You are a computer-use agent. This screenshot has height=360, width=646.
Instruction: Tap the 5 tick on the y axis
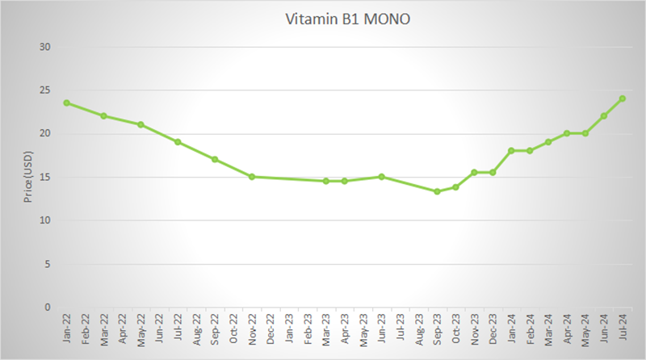pos(48,264)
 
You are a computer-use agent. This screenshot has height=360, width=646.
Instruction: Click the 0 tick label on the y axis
pos(48,308)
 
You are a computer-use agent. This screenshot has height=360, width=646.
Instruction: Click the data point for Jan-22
pos(67,103)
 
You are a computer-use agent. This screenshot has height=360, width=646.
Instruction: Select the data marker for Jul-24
pos(623,98)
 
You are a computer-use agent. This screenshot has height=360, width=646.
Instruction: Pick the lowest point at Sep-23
pos(437,191)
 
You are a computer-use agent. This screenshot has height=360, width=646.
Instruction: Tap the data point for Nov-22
pos(252,177)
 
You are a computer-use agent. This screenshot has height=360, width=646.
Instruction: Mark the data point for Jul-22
pos(178,142)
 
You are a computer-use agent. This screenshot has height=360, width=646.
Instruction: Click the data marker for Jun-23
pos(381,177)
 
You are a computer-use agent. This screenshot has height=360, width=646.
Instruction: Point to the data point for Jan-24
pos(511,151)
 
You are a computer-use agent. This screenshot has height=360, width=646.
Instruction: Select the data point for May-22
pos(141,124)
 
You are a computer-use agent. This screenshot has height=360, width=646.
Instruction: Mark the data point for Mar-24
pos(548,142)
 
